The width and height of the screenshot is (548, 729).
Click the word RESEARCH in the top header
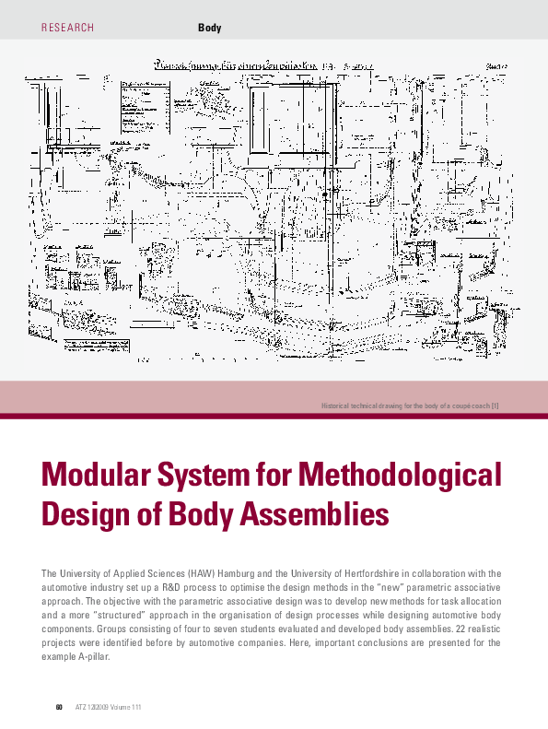tap(68, 28)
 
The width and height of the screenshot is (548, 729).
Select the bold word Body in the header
tap(210, 28)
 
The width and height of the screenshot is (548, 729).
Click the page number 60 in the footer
tap(58, 707)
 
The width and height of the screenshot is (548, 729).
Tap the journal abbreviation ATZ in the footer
tap(79, 707)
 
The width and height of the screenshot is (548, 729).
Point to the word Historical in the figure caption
tap(337, 406)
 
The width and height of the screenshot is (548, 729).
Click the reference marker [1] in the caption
tap(496, 406)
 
